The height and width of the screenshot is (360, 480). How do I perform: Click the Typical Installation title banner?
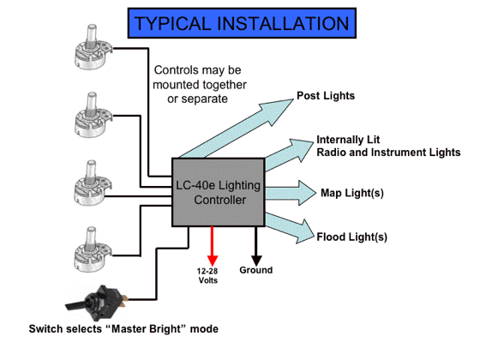tap(242, 23)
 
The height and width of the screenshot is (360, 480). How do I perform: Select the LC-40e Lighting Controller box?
tap(219, 192)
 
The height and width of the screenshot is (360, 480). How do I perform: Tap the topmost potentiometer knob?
tap(93, 47)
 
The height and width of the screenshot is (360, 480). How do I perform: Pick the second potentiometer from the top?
tap(93, 115)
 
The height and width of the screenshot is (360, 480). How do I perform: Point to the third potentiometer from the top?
tap(93, 183)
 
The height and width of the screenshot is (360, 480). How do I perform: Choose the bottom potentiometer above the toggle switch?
tap(93, 249)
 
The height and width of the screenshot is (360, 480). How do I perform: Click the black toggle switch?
tap(96, 303)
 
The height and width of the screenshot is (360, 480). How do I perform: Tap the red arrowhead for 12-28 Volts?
tap(213, 261)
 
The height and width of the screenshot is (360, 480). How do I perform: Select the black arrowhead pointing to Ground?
tap(256, 261)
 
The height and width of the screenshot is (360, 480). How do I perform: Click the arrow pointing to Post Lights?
tap(236, 129)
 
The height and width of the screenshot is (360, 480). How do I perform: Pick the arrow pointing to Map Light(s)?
tap(291, 193)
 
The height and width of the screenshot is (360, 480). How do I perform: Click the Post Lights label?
tap(326, 95)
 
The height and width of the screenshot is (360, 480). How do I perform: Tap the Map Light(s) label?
tap(352, 193)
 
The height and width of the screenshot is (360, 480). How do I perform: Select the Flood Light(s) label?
tap(352, 237)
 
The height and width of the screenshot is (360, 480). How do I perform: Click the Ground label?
tap(256, 270)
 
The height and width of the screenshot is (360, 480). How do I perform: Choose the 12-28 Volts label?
tap(207, 275)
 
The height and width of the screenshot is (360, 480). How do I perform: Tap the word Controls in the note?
tap(173, 70)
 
